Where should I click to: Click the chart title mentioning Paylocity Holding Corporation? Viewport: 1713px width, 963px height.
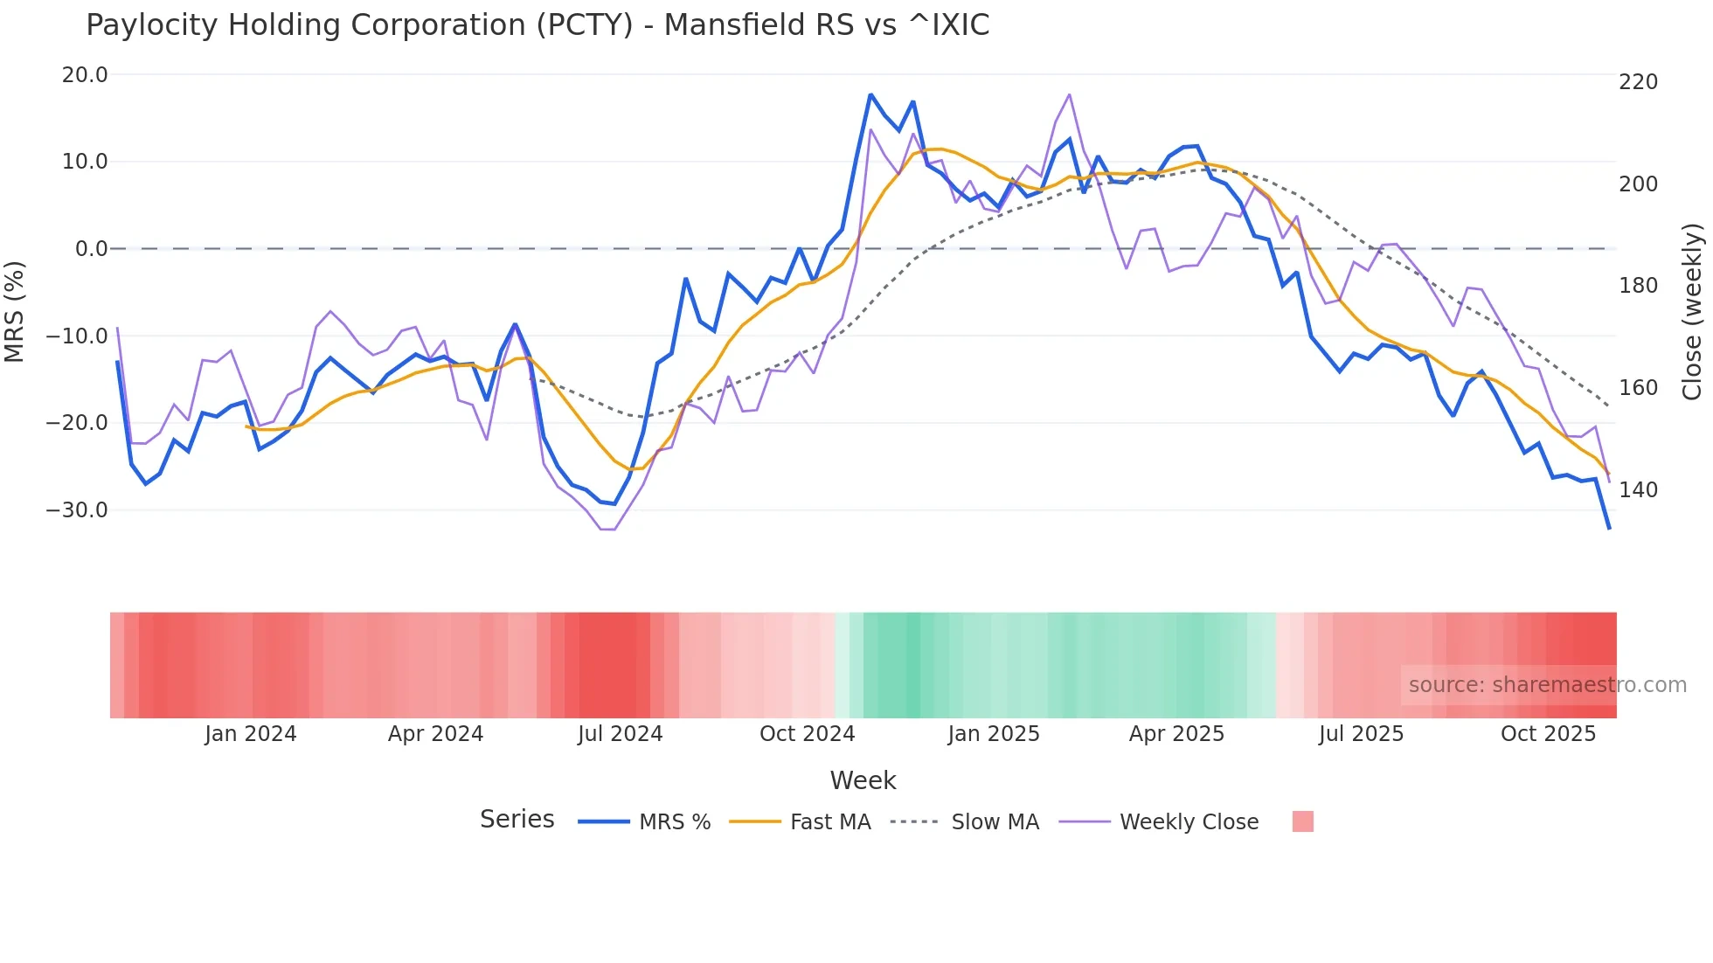pos(537,25)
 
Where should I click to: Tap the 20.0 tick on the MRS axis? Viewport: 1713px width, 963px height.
pos(85,75)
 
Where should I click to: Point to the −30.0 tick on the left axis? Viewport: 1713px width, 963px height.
pos(77,510)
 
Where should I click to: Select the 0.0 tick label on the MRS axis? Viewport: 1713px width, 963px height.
pos(91,249)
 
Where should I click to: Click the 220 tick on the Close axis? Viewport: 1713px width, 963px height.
pos(1638,82)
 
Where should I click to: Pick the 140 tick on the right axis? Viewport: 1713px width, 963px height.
pos(1638,490)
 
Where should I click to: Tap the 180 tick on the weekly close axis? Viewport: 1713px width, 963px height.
pos(1638,286)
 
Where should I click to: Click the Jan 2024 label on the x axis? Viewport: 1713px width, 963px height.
pos(251,734)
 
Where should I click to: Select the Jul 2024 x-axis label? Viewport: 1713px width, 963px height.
pos(621,734)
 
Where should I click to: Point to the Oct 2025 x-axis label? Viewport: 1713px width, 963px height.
pos(1548,734)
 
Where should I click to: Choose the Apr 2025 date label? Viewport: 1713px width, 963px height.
pos(1176,734)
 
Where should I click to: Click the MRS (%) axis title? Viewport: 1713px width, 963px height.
pos(14,312)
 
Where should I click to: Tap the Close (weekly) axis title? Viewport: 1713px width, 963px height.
pos(1693,312)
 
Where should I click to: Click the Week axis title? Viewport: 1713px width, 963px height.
pos(863,780)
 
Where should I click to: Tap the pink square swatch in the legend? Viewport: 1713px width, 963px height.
pos(1302,821)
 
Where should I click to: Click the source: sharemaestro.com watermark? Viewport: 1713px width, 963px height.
pos(1547,685)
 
